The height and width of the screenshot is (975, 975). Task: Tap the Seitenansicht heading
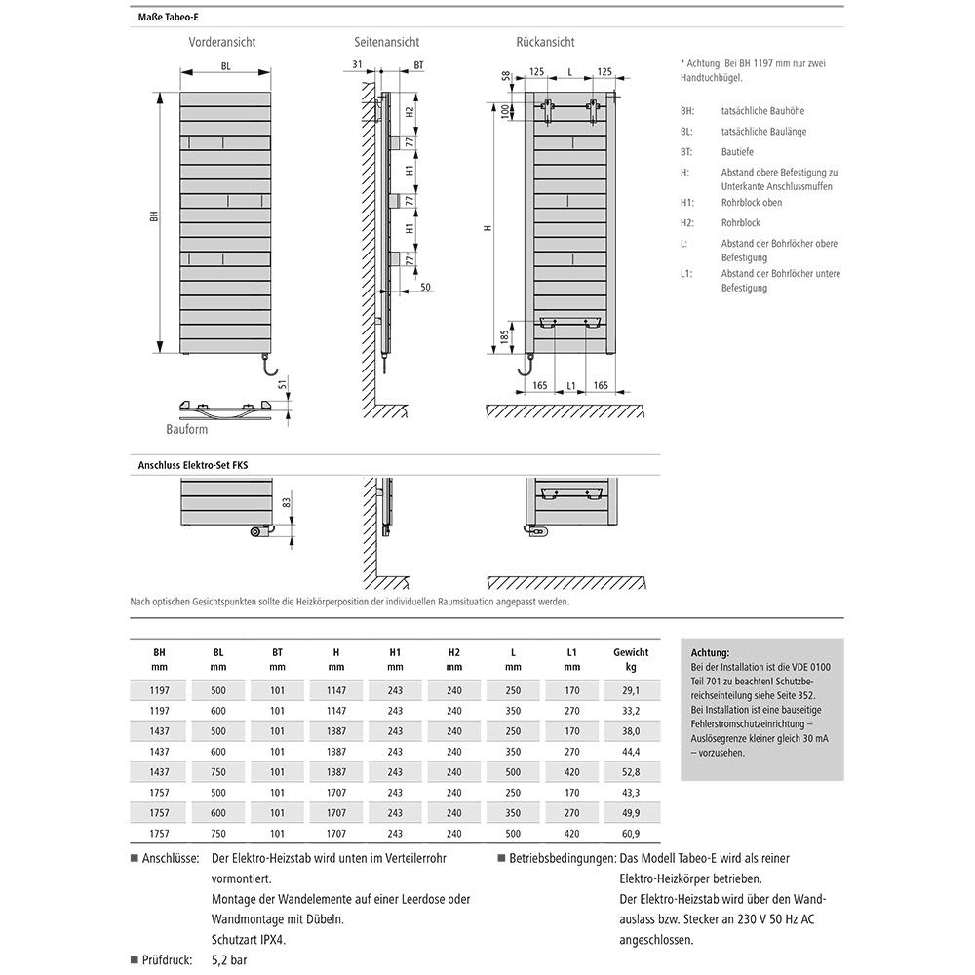[387, 42]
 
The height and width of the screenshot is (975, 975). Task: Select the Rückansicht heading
[545, 42]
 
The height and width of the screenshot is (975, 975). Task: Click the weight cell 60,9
[630, 834]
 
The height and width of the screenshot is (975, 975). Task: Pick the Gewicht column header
[631, 652]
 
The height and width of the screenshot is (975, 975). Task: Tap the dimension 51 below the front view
[282, 385]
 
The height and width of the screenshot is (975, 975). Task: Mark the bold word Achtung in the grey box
[709, 652]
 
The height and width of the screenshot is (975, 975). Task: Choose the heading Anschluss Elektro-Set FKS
[193, 466]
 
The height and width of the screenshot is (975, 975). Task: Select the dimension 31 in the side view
[357, 65]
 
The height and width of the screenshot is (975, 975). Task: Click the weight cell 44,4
[630, 751]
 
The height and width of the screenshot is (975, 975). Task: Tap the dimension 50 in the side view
[426, 288]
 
